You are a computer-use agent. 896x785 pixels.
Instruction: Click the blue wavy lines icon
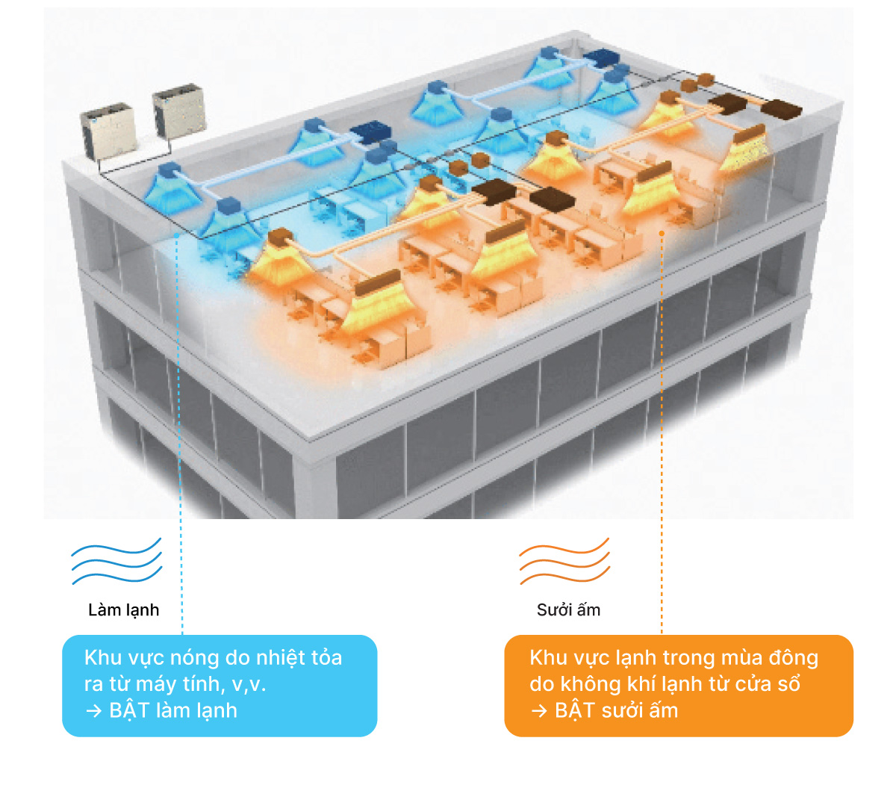click(117, 561)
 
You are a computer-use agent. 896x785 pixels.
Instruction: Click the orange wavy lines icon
click(564, 561)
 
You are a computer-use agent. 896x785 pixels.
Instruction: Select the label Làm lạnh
click(123, 610)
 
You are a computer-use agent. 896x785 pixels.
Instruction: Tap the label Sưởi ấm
click(568, 609)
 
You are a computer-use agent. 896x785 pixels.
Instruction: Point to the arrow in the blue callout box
click(94, 711)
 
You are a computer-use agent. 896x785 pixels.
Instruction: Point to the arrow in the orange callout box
click(539, 711)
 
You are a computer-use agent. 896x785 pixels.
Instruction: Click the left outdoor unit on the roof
click(108, 130)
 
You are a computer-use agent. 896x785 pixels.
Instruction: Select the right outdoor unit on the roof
click(179, 111)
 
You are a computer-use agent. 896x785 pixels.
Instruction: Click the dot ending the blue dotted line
click(176, 235)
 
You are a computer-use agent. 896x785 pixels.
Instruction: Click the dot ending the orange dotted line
click(662, 233)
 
